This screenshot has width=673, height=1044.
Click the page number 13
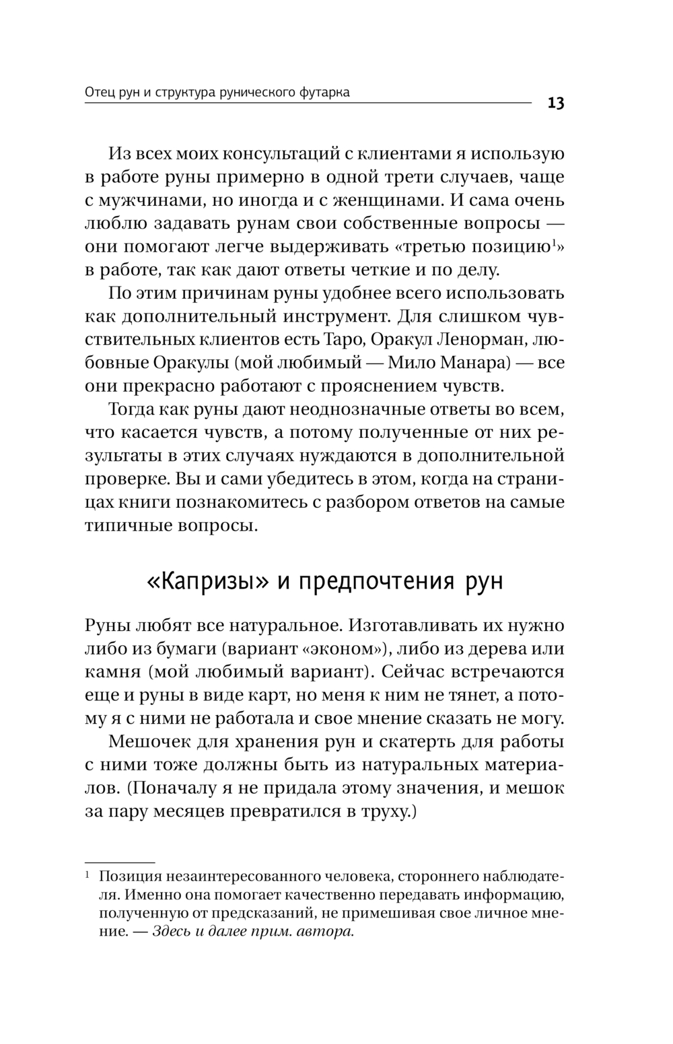[556, 103]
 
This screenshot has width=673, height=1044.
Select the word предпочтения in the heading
[366, 581]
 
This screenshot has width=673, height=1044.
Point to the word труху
[384, 812]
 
